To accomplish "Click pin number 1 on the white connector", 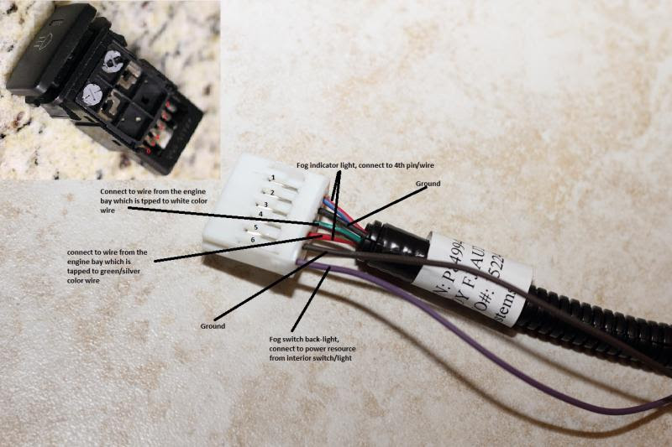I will tap(272, 178).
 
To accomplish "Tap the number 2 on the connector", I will tap(271, 193).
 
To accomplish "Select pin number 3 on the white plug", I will tap(266, 205).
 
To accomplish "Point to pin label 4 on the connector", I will tap(260, 215).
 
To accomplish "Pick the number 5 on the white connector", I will tap(255, 227).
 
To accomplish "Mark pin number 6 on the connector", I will tap(253, 240).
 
